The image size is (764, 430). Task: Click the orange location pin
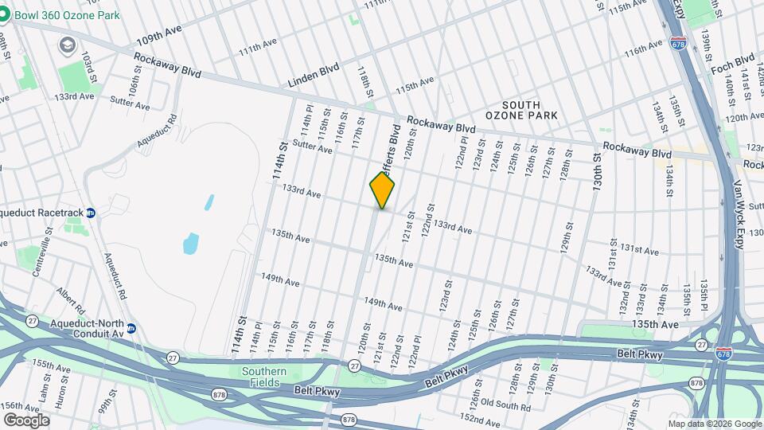tap(382, 190)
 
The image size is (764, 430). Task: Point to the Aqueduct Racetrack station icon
tap(91, 213)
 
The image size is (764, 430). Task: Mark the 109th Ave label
tap(158, 41)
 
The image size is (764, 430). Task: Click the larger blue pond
tap(191, 243)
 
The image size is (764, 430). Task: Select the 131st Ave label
tap(640, 250)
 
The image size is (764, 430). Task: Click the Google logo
tap(26, 420)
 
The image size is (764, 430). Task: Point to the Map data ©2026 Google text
tap(715, 424)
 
